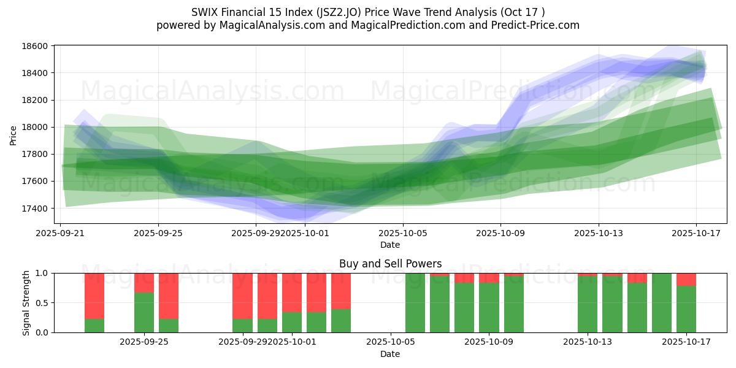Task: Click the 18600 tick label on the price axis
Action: coord(35,46)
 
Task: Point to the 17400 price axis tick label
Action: coord(35,209)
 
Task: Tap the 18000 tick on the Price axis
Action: coord(35,127)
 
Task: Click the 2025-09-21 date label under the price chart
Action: coord(60,233)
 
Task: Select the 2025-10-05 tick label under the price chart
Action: coord(403,233)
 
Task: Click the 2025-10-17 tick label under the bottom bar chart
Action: coord(686,342)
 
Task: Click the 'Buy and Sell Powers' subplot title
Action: coord(390,264)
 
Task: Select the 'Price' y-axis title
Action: coord(13,135)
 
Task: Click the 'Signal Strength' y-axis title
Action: coord(26,302)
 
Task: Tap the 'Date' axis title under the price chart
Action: coord(390,245)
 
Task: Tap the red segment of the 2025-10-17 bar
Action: coord(686,280)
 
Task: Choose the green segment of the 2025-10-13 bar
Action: coord(588,304)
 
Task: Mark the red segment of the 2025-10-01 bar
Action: coord(292,293)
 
